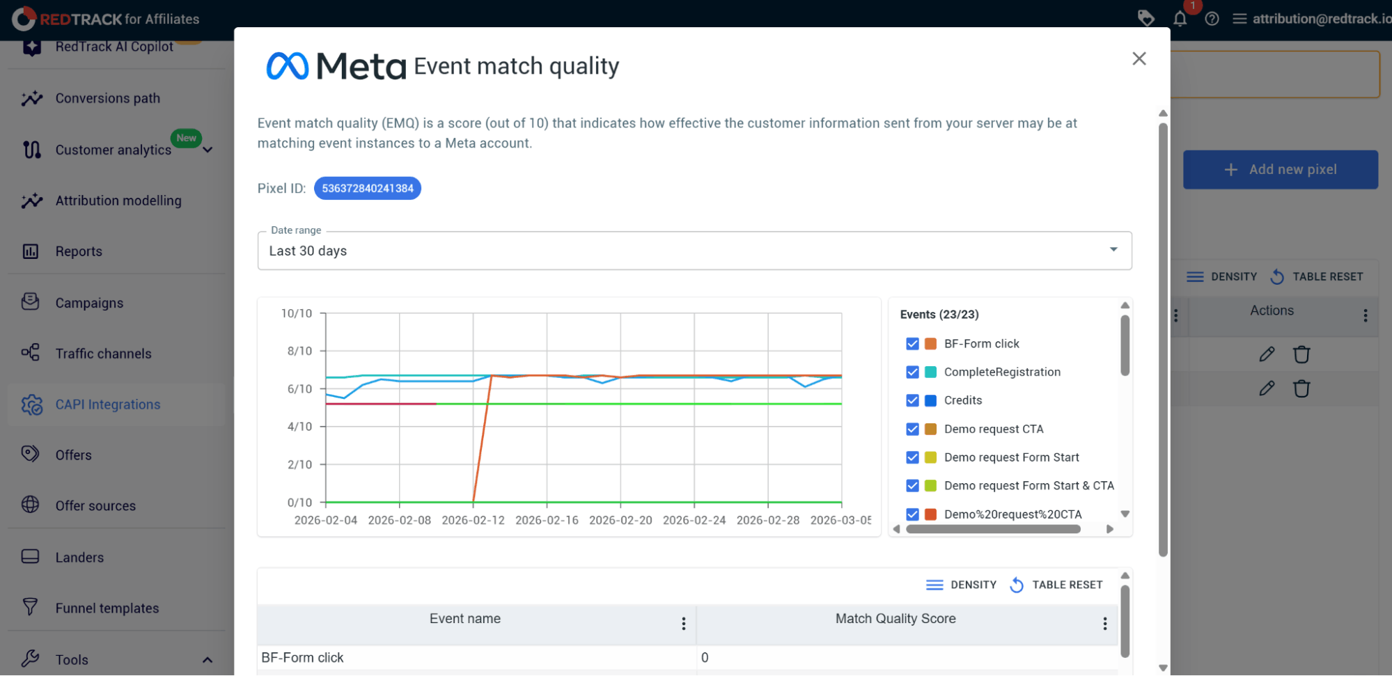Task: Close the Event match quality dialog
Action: [x=1139, y=58]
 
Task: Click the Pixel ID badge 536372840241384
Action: [x=368, y=188]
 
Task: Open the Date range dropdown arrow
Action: [x=1113, y=249]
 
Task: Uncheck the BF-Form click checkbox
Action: [x=912, y=344]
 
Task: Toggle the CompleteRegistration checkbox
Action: [x=912, y=372]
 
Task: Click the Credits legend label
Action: [x=963, y=400]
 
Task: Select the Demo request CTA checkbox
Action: [x=912, y=429]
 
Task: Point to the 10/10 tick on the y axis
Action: [x=297, y=313]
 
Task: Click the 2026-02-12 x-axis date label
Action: [x=473, y=520]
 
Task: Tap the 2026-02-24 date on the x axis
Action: [x=694, y=520]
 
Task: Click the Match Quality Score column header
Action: [x=896, y=618]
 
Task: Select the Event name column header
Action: [x=465, y=618]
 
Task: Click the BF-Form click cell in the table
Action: [x=302, y=657]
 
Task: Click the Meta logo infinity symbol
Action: [x=287, y=66]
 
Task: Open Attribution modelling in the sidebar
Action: [x=118, y=201]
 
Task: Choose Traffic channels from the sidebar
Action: [x=103, y=354]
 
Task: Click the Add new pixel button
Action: [x=1280, y=169]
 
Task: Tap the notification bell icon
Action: [x=1180, y=19]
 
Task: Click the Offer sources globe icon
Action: [x=31, y=504]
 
